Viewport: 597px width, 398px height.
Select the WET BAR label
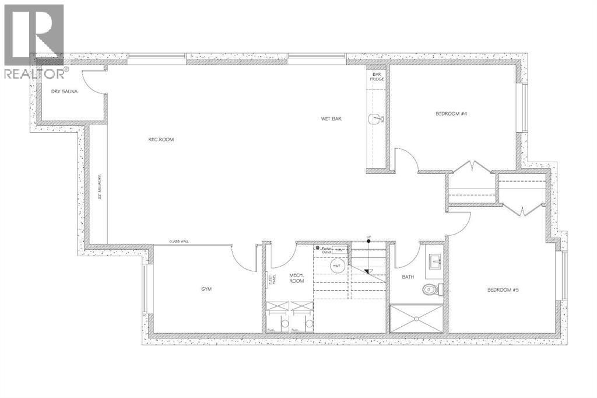(331, 118)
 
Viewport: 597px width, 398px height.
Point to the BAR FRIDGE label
(377, 78)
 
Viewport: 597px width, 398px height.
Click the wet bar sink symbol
(375, 119)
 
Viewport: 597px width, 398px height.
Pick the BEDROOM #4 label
(452, 114)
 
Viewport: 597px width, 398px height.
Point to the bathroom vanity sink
(434, 261)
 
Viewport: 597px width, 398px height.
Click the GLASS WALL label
(179, 241)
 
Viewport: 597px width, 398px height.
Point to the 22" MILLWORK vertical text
(100, 186)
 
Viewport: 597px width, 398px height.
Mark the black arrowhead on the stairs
(368, 271)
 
